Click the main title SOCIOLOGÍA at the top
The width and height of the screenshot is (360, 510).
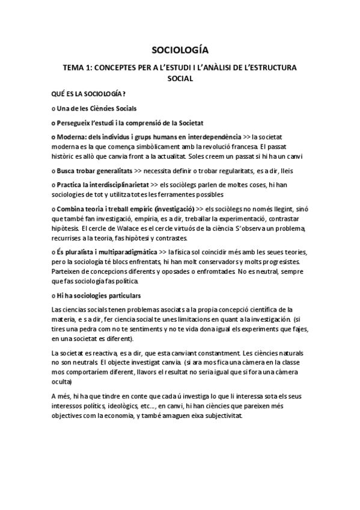coord(180,50)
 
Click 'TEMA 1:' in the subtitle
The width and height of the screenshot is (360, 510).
coord(77,67)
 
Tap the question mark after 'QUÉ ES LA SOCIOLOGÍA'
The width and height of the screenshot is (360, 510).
coord(124,93)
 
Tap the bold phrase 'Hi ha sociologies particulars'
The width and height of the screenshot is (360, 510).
coord(99,295)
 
